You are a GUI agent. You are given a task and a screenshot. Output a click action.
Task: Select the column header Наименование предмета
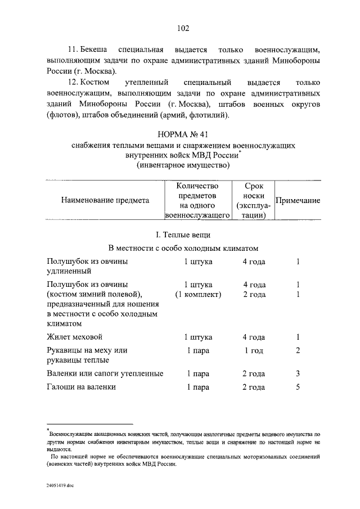(105, 200)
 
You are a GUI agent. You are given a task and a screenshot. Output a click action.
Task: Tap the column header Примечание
(297, 201)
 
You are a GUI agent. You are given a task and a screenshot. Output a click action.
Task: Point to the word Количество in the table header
(197, 185)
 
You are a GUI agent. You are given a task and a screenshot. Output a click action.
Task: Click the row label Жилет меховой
(74, 337)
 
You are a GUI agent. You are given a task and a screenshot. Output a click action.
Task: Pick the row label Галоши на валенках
(81, 387)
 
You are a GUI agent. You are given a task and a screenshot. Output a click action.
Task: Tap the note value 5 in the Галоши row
(298, 387)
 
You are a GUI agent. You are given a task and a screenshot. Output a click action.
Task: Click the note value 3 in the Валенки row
(298, 373)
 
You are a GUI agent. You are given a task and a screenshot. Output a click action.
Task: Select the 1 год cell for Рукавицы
(254, 350)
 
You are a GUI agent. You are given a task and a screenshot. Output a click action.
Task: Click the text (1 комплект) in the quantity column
(197, 294)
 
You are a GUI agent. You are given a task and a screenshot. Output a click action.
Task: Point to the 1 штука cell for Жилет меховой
(197, 337)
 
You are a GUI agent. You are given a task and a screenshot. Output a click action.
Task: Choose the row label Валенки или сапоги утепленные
(105, 373)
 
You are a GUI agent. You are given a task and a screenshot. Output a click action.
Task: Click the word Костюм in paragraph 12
(96, 82)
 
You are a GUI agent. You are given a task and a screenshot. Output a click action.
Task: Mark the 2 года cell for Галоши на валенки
(254, 387)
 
